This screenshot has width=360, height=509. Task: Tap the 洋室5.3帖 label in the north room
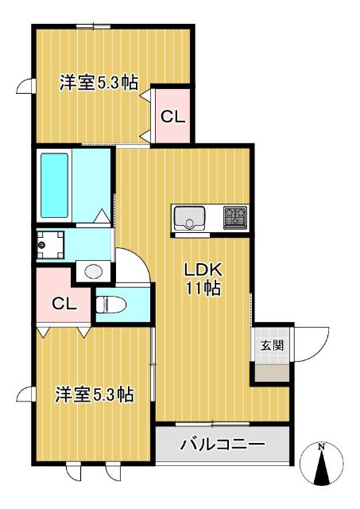pos(99,82)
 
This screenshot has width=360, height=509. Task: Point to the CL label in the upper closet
pos(172,116)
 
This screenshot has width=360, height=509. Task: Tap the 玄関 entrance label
pos(271,345)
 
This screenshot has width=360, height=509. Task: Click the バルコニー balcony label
pos(222,445)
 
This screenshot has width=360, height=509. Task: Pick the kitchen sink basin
pos(189,217)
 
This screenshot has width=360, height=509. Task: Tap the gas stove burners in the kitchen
pos(234,216)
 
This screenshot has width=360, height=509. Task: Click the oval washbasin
pos(94,271)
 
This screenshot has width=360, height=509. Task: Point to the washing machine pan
pos(51,245)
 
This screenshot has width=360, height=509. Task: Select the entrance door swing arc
pos(312,342)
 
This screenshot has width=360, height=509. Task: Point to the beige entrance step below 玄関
pos(271,371)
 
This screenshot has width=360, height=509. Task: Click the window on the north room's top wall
pos(94,26)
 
